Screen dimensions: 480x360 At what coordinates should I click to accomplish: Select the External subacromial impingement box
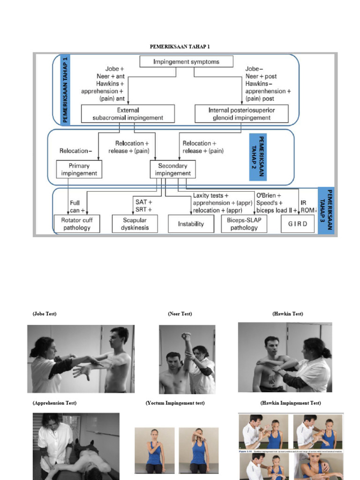coord(127,113)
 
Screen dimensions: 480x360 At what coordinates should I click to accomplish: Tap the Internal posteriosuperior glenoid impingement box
coord(241,113)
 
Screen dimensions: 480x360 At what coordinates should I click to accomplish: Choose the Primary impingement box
coord(79,169)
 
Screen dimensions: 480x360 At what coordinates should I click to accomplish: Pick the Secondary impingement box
coord(172,169)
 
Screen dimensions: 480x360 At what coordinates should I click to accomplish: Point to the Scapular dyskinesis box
coord(135,224)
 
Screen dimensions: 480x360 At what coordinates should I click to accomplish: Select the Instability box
coord(191,224)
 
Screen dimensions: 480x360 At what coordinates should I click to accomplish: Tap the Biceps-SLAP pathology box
coord(244,224)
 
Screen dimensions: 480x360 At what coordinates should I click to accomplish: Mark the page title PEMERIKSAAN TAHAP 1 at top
coord(183,46)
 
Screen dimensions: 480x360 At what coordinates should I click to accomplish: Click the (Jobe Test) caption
coord(45,314)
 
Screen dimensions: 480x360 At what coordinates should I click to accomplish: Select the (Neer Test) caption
coord(180,314)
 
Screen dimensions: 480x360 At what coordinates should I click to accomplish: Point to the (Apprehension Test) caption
coord(54,403)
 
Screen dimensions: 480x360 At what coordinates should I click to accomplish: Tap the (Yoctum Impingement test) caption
coord(175,403)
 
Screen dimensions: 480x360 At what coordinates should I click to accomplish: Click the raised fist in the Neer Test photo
coord(187,336)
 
